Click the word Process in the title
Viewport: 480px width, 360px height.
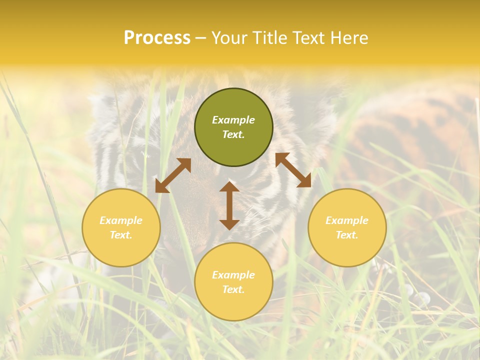157,38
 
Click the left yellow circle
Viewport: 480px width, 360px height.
121,227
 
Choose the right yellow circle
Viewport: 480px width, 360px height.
347,227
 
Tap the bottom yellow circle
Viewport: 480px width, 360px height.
233,282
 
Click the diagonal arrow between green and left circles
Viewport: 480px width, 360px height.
173,175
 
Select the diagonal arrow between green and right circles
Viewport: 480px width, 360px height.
293,170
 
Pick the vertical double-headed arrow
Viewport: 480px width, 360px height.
229,205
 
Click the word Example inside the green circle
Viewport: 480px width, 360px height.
233,120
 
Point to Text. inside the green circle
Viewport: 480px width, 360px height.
233,134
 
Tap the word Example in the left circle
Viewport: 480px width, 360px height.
121,220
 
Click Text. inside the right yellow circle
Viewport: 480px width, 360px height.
347,235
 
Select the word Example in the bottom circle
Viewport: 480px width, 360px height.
233,275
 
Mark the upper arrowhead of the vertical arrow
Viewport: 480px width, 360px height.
229,187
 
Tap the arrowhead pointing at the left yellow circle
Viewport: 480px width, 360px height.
161,187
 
